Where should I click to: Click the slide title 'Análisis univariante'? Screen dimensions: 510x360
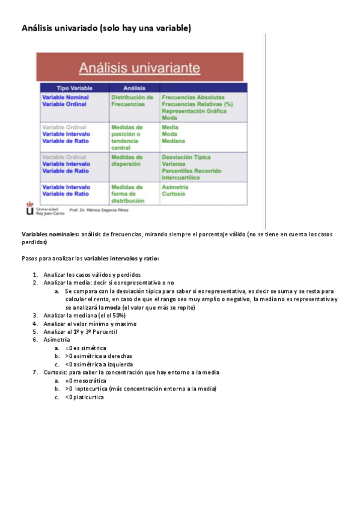click(140, 66)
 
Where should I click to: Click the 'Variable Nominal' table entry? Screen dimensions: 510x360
click(66, 97)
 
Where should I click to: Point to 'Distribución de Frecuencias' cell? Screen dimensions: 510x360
click(132, 100)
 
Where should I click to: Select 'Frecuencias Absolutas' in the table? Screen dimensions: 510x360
click(193, 97)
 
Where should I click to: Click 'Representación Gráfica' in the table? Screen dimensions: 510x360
click(194, 111)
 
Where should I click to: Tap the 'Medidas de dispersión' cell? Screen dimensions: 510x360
click(127, 161)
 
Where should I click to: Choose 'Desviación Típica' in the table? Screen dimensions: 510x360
click(186, 158)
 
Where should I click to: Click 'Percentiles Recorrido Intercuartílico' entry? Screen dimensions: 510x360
click(191, 174)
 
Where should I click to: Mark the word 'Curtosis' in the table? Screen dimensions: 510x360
click(174, 194)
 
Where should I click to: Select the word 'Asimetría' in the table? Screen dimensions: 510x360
click(175, 187)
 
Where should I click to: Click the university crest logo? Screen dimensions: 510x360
click(30, 209)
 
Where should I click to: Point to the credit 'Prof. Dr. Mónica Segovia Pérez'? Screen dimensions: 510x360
click(99, 210)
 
